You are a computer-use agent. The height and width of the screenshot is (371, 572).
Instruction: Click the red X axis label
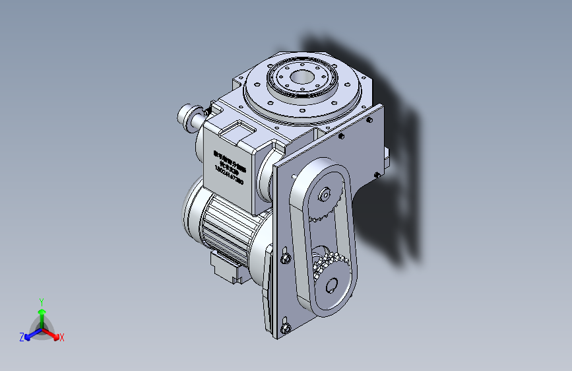(x=62, y=338)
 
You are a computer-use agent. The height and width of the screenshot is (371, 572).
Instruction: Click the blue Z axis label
(x=22, y=337)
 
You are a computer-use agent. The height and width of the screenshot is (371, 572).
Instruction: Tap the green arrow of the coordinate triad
(x=42, y=313)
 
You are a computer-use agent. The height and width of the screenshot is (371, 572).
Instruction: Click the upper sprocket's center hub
(x=325, y=195)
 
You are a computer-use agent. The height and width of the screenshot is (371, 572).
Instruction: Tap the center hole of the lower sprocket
(x=331, y=285)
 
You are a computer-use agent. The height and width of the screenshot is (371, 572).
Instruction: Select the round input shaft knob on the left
(x=188, y=117)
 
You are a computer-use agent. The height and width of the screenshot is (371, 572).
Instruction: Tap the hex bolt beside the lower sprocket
(x=286, y=257)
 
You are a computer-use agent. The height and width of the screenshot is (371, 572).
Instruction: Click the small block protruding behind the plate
(x=386, y=159)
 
